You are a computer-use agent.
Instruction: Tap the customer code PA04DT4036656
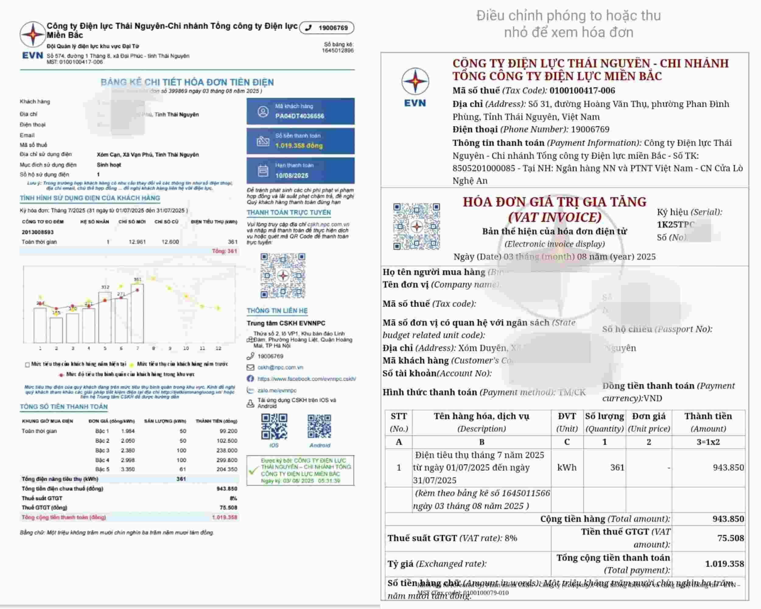299,116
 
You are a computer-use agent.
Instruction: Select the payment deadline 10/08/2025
292,175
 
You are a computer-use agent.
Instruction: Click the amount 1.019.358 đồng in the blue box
299,146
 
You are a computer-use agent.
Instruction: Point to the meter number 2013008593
37,232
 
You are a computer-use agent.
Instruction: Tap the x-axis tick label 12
219,348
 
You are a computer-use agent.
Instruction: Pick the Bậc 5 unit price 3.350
128,469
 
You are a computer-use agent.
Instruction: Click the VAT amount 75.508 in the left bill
228,508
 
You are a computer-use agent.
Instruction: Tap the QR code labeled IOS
274,427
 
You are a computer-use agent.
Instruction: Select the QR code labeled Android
319,427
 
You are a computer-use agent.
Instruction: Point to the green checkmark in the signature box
253,471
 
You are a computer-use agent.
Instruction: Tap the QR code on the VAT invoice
416,226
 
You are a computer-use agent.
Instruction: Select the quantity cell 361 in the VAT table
617,467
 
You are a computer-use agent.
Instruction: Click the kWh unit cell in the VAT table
566,467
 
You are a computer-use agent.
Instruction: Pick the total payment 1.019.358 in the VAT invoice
724,564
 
